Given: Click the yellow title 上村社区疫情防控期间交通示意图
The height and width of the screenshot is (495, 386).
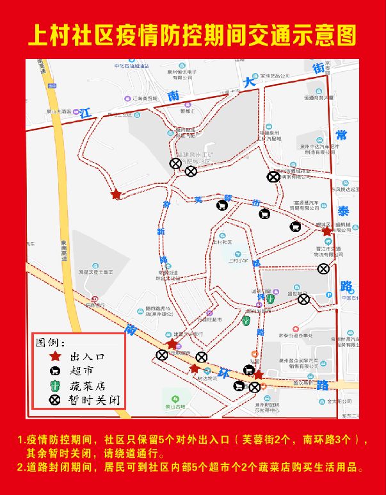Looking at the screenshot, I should tap(192, 35).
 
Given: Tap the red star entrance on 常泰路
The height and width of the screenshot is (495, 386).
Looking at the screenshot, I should tap(327, 231).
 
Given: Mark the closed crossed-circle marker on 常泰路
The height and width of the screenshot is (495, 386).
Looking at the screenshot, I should tap(324, 269).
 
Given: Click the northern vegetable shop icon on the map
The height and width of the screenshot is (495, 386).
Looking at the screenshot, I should tap(271, 299).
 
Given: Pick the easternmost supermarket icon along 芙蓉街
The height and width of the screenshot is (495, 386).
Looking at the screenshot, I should tap(295, 226).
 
